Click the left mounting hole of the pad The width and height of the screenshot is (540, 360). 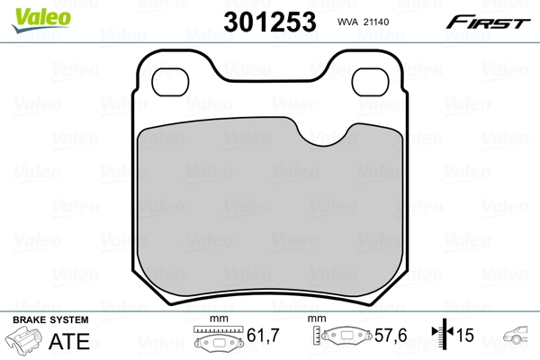point(171,82)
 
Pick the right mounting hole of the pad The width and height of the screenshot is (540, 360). point(370,82)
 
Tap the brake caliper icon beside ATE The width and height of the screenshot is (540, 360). point(25,342)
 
